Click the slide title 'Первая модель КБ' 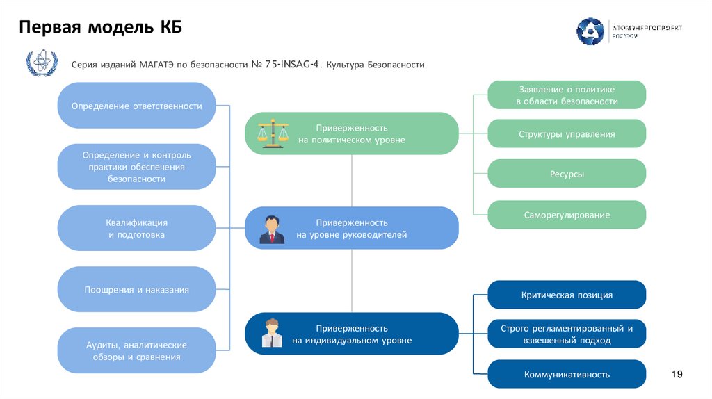[x=100, y=27]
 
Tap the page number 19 [x=677, y=375]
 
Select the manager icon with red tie [x=271, y=229]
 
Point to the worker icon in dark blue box [x=272, y=332]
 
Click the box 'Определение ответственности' [x=136, y=106]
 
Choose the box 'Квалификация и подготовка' [x=136, y=229]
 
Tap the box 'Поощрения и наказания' [x=136, y=289]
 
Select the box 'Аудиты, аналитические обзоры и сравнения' [x=136, y=351]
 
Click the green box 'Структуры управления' [x=567, y=134]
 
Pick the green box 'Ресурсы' [x=567, y=174]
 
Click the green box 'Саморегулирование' [x=567, y=215]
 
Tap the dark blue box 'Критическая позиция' [x=567, y=295]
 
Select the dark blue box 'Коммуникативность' [x=567, y=375]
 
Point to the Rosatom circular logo [x=590, y=31]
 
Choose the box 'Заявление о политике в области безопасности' [x=567, y=95]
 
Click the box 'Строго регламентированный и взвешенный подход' [x=567, y=334]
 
